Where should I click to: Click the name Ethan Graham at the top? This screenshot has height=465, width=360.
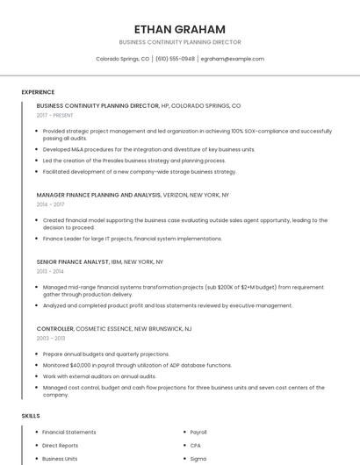(180, 29)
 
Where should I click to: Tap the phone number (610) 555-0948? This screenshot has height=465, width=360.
(176, 59)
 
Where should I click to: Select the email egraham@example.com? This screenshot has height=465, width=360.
(232, 59)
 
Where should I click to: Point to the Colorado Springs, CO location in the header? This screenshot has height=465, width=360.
(122, 59)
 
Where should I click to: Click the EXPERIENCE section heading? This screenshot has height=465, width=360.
(38, 92)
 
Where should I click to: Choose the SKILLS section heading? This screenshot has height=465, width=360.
(30, 416)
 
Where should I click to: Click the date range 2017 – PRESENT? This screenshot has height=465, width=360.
(56, 115)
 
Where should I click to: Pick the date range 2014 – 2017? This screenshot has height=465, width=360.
(50, 204)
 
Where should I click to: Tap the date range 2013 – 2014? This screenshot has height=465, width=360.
(50, 271)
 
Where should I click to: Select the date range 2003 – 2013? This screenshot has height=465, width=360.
(51, 338)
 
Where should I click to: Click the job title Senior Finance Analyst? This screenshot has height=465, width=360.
(73, 261)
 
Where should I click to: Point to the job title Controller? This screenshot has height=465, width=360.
(55, 328)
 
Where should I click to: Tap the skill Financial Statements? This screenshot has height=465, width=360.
(69, 432)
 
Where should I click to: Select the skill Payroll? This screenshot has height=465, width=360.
(198, 432)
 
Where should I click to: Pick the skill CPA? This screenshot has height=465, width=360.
(195, 445)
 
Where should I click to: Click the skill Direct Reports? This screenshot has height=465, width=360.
(60, 445)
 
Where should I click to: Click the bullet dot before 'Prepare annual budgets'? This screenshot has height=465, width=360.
(36, 354)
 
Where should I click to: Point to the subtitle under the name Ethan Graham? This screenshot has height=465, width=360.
(180, 42)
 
